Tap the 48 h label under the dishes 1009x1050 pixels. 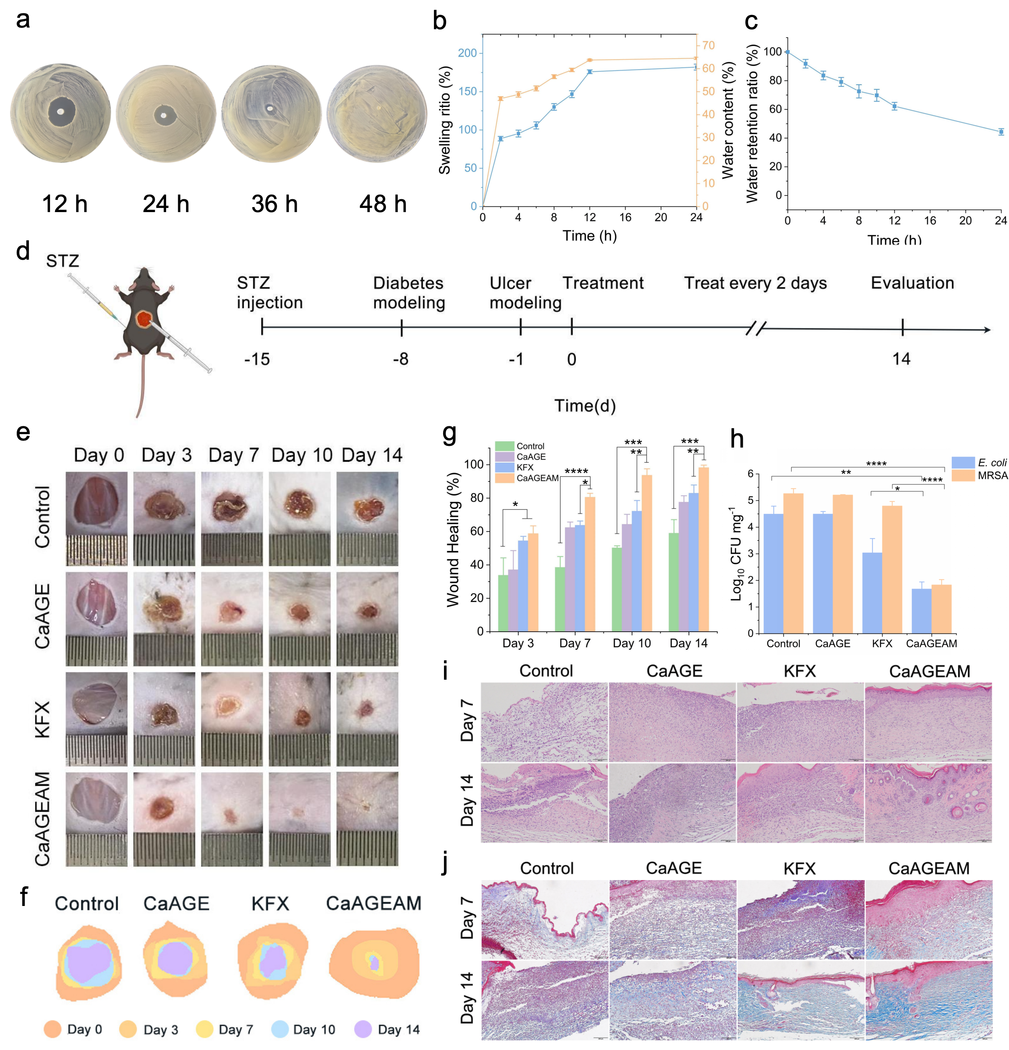(383, 204)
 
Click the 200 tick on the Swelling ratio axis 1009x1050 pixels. (467, 53)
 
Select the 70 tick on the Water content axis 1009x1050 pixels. (708, 46)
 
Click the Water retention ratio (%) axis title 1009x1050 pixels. (752, 124)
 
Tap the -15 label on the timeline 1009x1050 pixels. (257, 359)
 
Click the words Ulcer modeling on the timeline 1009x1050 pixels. (525, 293)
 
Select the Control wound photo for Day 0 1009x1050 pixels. (97, 518)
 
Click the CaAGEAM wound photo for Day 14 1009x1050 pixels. (367, 819)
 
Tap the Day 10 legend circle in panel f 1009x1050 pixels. (280, 1029)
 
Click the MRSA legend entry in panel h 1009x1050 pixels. (980, 476)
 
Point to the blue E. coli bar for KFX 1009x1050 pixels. (872, 592)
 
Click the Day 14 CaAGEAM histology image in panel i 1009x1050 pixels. (928, 802)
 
